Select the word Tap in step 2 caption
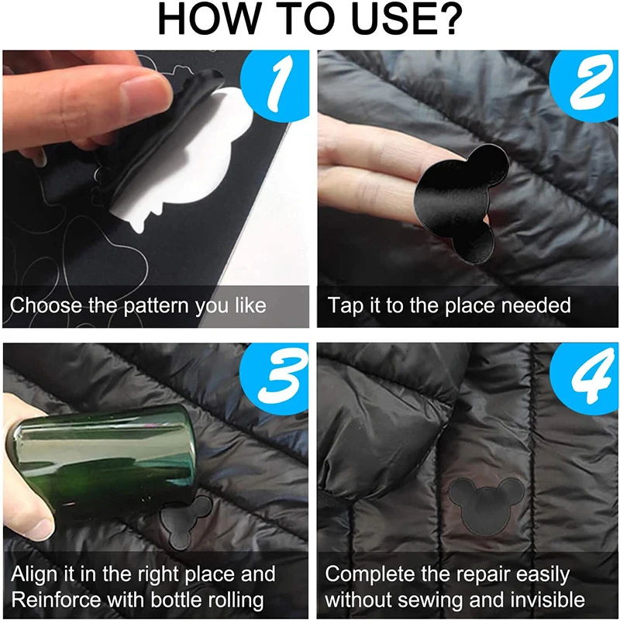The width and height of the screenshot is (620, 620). [345, 305]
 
